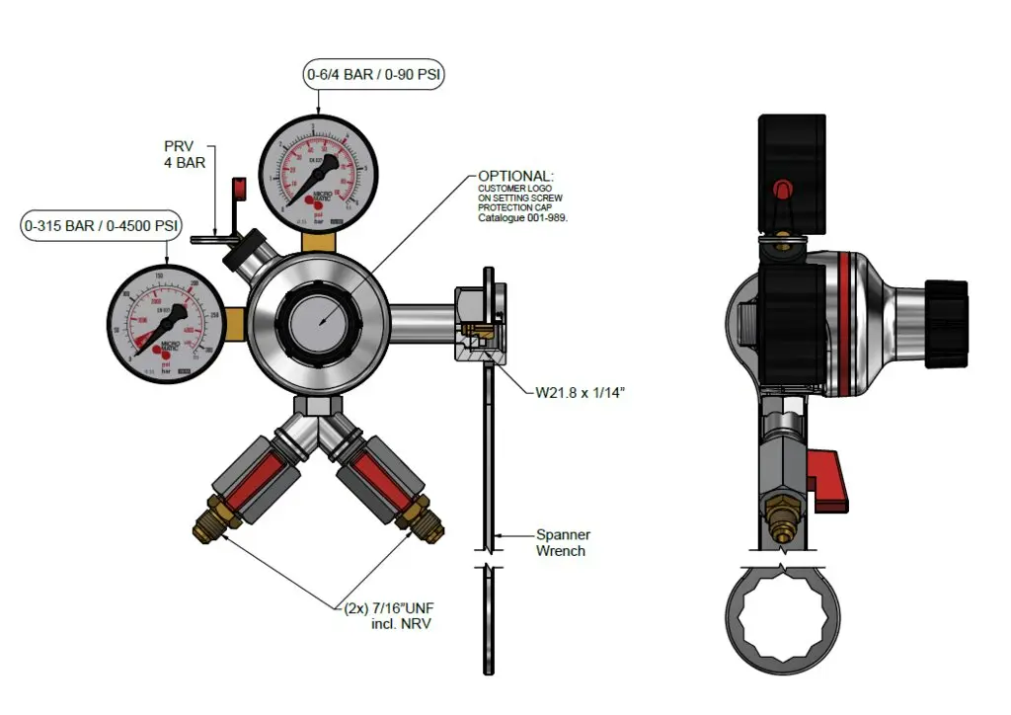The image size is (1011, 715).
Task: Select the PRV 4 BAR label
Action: click(185, 154)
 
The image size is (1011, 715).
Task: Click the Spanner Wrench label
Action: click(563, 542)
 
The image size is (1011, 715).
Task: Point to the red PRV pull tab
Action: click(238, 188)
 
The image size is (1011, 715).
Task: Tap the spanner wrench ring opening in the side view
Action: click(782, 627)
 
